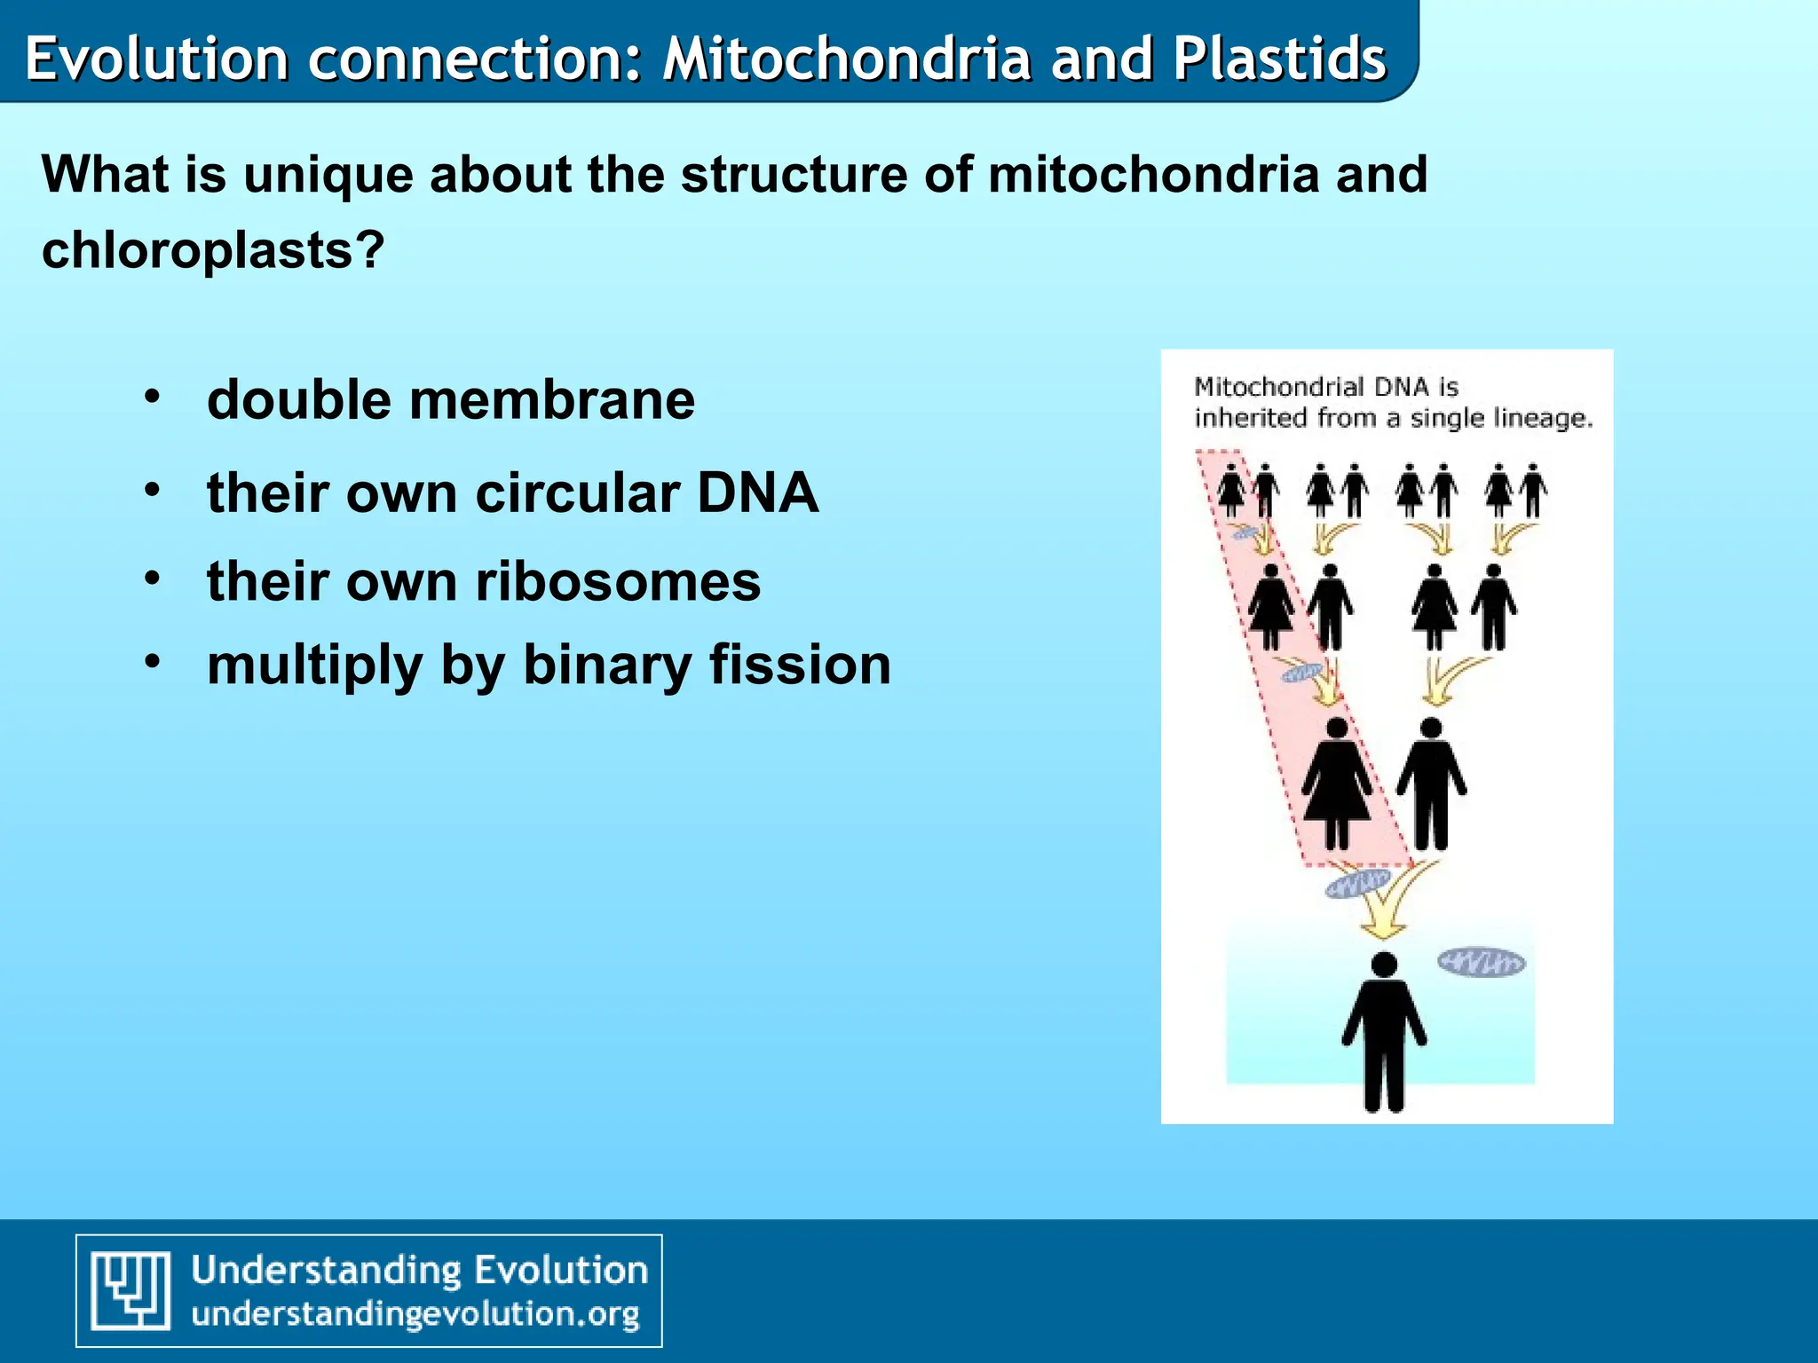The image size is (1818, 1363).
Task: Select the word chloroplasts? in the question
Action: pos(213,250)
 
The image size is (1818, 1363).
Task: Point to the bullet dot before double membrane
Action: pos(153,397)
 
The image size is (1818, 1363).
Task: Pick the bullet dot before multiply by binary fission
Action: pos(153,661)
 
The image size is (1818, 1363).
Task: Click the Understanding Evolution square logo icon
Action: pos(131,1290)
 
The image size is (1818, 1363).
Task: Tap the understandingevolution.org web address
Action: pos(415,1313)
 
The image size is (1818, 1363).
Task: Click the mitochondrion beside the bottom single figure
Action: pos(1481,963)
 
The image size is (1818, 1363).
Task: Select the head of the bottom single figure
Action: pos(1384,965)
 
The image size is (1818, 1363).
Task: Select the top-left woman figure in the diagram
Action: pos(1231,490)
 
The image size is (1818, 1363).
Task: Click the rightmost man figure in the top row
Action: pos(1532,490)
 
